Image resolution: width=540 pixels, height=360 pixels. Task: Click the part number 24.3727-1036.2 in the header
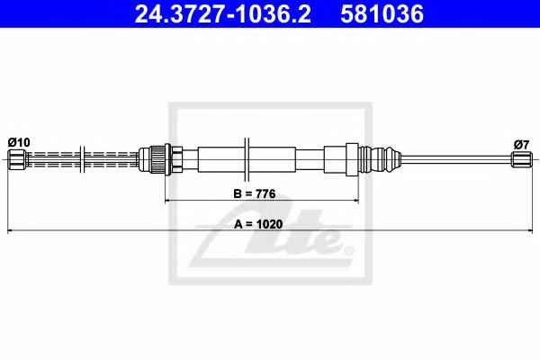point(223,13)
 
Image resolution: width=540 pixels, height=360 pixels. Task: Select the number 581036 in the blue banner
point(382,13)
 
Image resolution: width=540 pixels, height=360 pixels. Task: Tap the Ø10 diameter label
point(19,142)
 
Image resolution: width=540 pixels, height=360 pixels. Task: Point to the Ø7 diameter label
point(521,145)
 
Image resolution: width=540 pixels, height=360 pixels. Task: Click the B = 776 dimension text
point(255,194)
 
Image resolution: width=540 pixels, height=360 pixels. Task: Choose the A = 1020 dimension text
point(258,224)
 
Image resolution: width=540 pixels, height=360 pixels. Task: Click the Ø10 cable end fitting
point(18,159)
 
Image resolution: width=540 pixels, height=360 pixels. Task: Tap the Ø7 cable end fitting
point(521,159)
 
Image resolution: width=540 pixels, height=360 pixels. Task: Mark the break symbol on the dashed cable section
point(82,159)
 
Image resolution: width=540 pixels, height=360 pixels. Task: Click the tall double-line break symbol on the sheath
point(247,159)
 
